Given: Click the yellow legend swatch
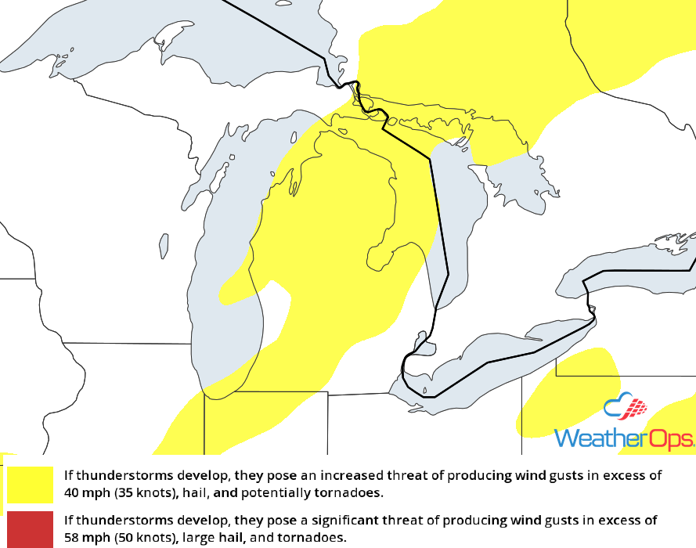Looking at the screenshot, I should click(30, 485).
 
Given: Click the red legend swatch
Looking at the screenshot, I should click(30, 529).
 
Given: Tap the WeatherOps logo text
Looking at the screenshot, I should click(623, 438).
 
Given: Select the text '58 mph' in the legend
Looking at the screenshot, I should click(85, 537).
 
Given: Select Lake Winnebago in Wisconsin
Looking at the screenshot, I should click(164, 245).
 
